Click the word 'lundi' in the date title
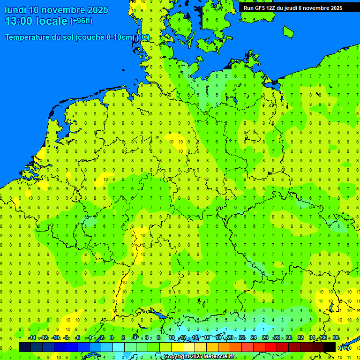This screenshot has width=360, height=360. [15, 10]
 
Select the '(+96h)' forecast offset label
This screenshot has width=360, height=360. [81, 21]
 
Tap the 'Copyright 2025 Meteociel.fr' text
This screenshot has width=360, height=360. [199, 357]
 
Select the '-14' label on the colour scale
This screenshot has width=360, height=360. [32, 338]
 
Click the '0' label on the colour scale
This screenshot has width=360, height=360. [112, 338]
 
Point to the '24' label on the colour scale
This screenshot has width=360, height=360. [253, 338]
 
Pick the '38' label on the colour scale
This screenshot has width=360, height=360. [336, 338]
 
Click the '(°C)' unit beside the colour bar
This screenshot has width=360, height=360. [344, 347]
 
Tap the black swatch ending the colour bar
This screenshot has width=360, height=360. [330, 347]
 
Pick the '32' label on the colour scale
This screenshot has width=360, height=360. [300, 338]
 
